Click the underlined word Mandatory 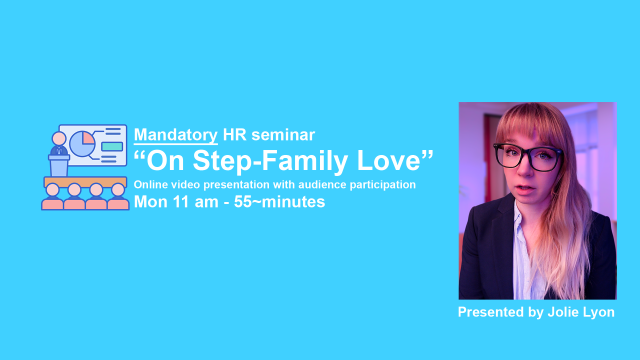click(x=175, y=133)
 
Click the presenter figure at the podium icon click(x=58, y=150)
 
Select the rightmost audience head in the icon click(x=117, y=189)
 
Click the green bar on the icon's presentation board click(x=111, y=146)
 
